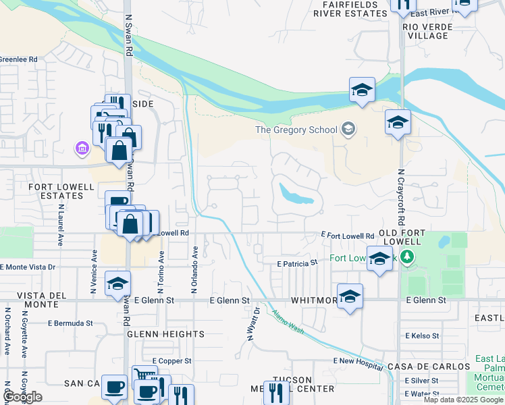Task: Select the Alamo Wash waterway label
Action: point(289,320)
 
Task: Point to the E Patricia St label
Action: point(298,263)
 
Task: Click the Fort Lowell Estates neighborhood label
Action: point(47,190)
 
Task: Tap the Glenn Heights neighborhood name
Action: point(165,334)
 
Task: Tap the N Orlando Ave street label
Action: point(194,269)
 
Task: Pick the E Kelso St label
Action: point(422,335)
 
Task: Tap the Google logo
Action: point(22,397)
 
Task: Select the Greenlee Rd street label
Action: point(18,59)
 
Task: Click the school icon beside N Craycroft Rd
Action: point(398,123)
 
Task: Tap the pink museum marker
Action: point(82,147)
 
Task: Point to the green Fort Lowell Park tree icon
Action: point(406,256)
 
